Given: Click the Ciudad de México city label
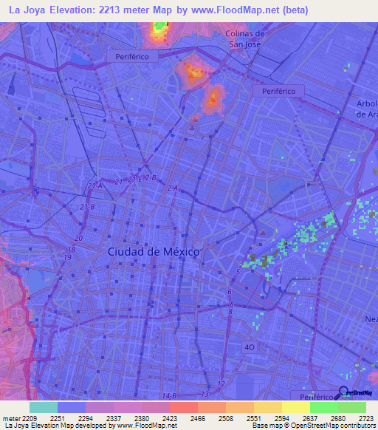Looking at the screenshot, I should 154,252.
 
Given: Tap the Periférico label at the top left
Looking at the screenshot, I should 132,56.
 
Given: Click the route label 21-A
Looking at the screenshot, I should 94,185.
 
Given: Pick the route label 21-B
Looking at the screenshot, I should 87,206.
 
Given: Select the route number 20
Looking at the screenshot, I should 78,239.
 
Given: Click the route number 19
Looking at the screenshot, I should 68,257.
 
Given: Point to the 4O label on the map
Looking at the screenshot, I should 250,346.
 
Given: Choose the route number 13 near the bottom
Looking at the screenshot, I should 203,396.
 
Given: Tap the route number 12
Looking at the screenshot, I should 221,385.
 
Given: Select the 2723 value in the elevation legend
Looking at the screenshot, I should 356,417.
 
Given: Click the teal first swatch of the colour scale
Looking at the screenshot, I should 44,407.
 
